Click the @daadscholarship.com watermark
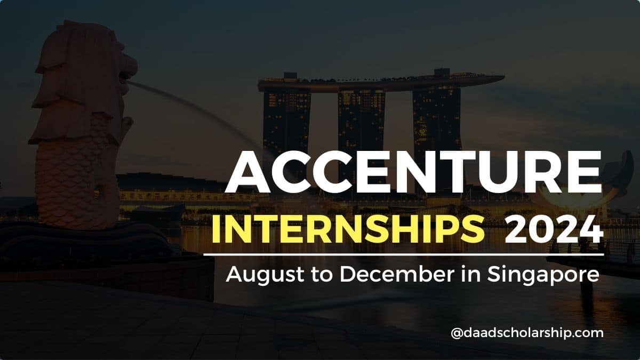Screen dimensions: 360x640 click(x=527, y=333)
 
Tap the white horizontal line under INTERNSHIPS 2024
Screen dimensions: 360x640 click(x=404, y=254)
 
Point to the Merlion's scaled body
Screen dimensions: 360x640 click(x=75, y=181)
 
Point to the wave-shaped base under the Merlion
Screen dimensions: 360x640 click(x=80, y=240)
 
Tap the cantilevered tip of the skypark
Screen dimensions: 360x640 click(x=493, y=78)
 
